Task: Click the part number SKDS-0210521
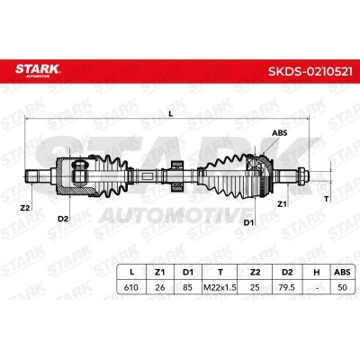click(x=310, y=71)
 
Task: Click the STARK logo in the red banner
click(x=38, y=70)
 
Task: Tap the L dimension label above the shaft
click(x=171, y=113)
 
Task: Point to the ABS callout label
click(x=279, y=133)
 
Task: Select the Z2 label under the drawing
click(x=25, y=207)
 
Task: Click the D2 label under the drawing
click(x=63, y=219)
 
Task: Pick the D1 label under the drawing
click(x=248, y=222)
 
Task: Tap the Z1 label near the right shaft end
click(x=282, y=204)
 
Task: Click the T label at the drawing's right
click(x=327, y=198)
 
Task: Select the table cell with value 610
click(x=131, y=287)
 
